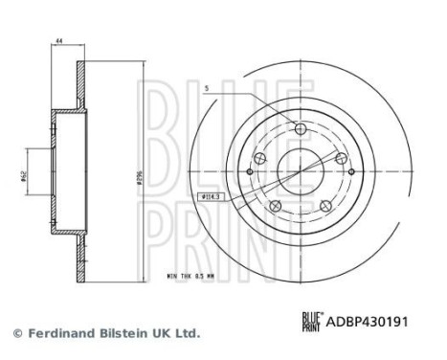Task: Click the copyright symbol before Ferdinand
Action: (x=16, y=333)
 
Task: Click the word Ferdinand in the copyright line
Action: (x=62, y=333)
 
